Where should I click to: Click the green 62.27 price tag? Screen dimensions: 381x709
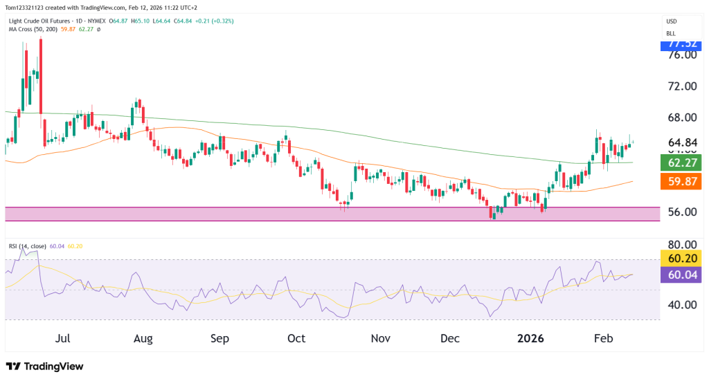682,163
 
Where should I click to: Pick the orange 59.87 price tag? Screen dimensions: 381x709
682,181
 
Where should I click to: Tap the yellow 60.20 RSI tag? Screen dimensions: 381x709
682,259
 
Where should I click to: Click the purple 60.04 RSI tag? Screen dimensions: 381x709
682,275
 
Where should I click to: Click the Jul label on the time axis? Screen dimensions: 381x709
62,339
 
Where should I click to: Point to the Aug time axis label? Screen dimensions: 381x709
143,339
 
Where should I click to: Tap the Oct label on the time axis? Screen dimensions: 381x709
296,339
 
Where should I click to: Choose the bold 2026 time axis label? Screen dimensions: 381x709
530,339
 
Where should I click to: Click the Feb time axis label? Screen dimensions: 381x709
604,339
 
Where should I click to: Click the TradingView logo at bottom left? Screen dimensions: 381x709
44,366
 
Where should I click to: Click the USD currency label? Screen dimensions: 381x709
671,21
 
